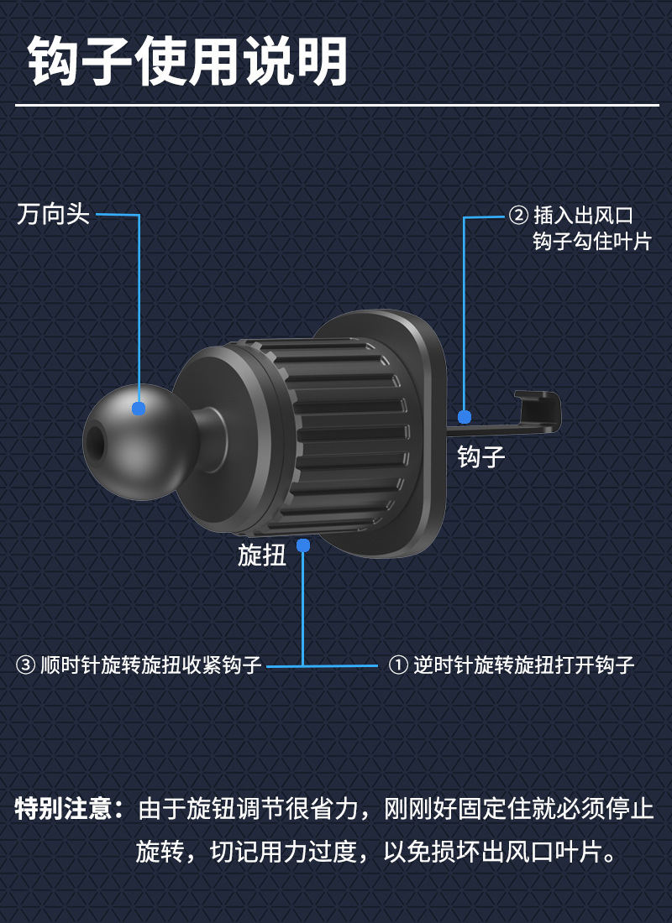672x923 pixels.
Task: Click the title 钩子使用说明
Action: (x=188, y=61)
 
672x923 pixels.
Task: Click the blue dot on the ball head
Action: (x=139, y=409)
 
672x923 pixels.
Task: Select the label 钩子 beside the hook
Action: (x=481, y=456)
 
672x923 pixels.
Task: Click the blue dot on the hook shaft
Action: (x=465, y=416)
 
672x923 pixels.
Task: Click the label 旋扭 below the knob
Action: (x=262, y=555)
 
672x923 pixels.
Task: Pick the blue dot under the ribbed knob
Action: (x=303, y=545)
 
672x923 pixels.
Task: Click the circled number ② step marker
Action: (x=519, y=216)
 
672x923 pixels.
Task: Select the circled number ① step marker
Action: (x=397, y=666)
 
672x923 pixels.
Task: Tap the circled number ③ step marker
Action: (x=26, y=666)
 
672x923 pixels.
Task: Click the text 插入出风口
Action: (x=583, y=216)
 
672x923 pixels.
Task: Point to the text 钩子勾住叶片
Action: (x=592, y=242)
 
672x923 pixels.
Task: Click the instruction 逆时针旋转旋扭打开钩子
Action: (x=523, y=666)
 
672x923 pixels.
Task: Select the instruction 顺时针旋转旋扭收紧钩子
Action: (x=151, y=666)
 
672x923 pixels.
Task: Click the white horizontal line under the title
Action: (x=336, y=106)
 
